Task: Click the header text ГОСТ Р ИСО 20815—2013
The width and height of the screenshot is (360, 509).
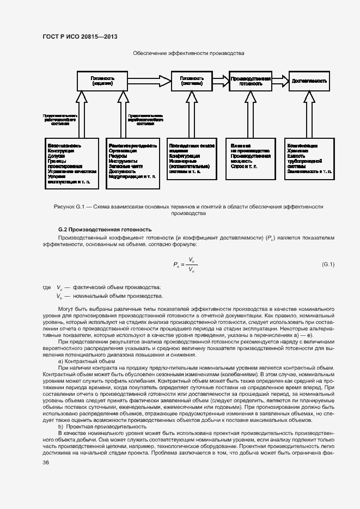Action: click(80, 36)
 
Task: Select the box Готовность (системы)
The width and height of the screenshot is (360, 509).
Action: click(191, 81)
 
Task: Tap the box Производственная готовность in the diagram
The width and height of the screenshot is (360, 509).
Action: click(251, 81)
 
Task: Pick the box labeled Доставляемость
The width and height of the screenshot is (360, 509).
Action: click(309, 81)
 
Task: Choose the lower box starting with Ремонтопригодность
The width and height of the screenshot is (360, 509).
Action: click(133, 164)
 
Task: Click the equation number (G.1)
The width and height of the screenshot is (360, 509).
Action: click(328, 265)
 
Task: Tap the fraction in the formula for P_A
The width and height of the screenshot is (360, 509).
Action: click(191, 265)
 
